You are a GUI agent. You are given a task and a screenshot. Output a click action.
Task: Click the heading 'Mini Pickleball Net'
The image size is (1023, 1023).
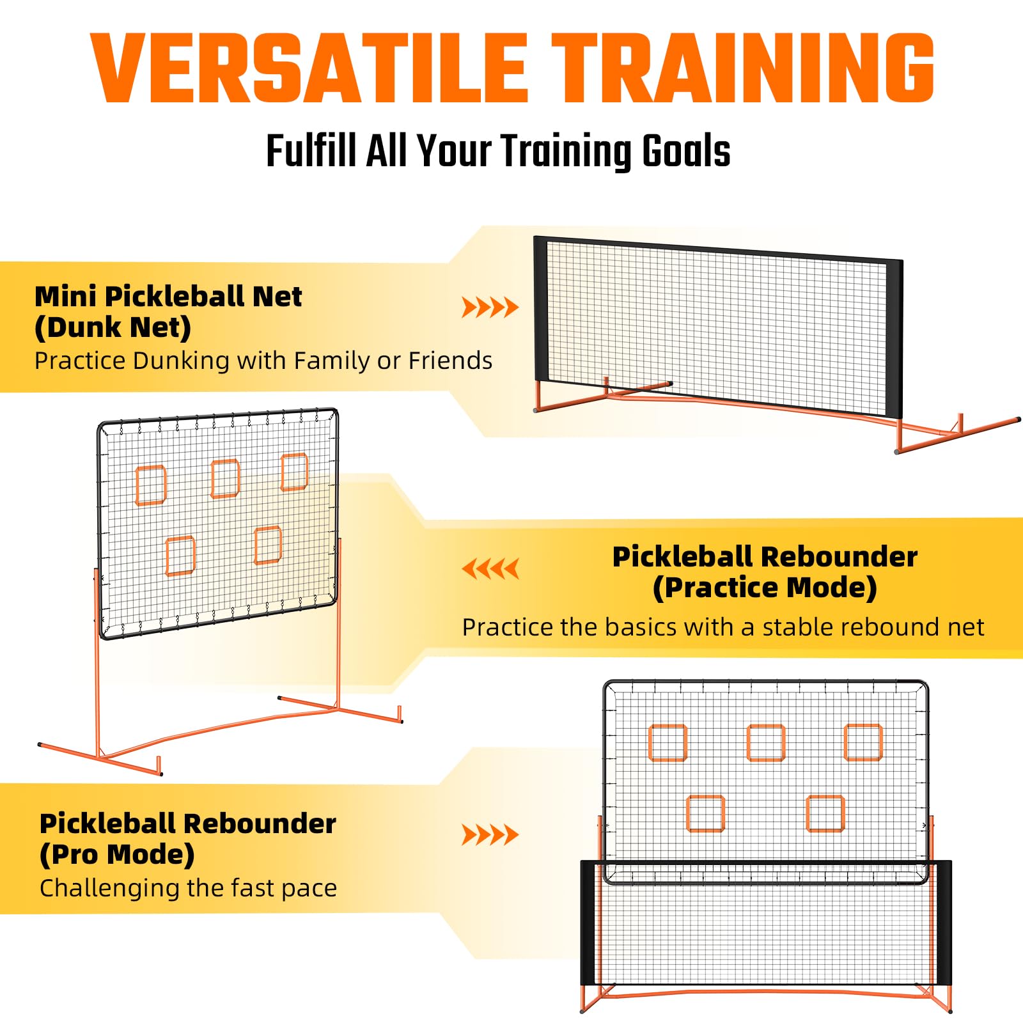pos(168,297)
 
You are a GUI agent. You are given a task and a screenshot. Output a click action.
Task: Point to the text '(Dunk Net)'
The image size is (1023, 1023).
pos(113,327)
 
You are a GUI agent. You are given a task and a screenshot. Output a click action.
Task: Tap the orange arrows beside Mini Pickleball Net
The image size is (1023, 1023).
pos(490,308)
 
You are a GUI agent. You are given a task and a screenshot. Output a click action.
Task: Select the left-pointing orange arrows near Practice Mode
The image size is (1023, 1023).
pos(490,568)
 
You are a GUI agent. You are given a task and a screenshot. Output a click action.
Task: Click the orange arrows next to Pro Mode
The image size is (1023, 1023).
pos(490,834)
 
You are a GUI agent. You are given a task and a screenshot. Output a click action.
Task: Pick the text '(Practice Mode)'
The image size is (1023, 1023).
pos(765,588)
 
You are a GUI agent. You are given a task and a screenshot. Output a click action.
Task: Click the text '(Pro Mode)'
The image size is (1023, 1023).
pos(117,854)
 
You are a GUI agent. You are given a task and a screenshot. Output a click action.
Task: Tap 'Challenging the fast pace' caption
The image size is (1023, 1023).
pos(188,888)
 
